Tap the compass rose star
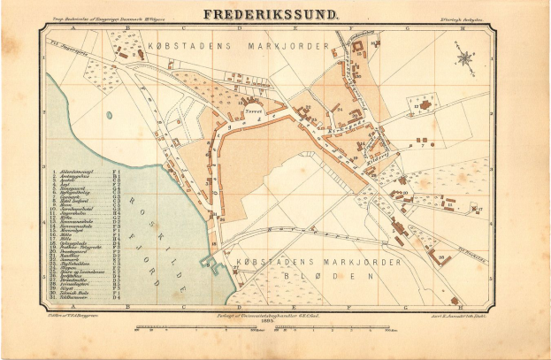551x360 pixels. click(463, 60)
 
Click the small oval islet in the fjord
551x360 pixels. click(108, 114)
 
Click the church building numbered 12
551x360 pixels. click(425, 107)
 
